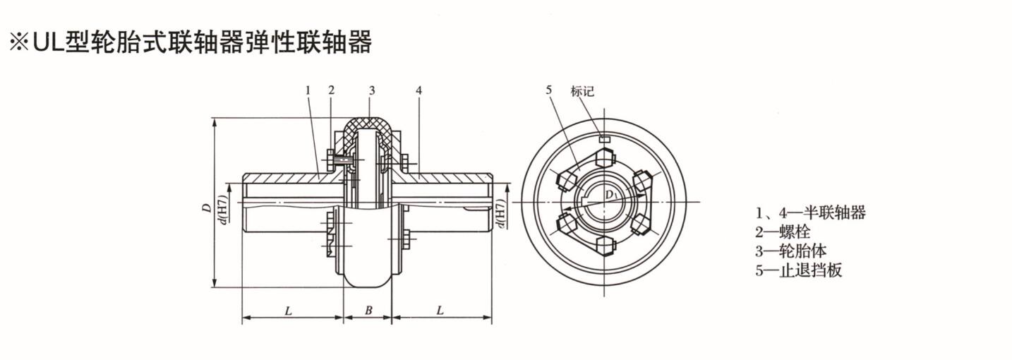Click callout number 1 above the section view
[x=308, y=90]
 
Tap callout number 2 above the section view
[x=331, y=90]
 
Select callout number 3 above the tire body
[x=371, y=90]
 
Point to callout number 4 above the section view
[x=418, y=90]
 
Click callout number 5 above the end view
[x=549, y=90]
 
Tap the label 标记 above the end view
[x=582, y=91]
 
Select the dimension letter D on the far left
[x=205, y=208]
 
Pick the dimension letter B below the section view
[x=368, y=310]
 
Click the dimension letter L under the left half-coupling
[x=289, y=310]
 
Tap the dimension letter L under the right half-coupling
[x=440, y=310]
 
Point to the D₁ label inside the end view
[x=608, y=193]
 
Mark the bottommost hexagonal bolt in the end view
[x=604, y=246]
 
